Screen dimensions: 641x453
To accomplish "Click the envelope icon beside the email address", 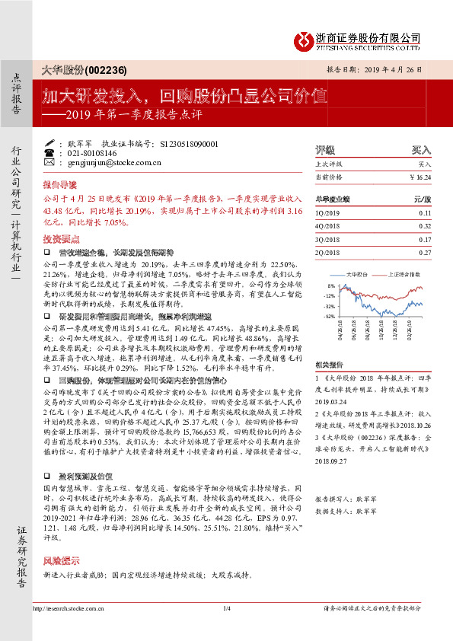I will pos(49,162).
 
